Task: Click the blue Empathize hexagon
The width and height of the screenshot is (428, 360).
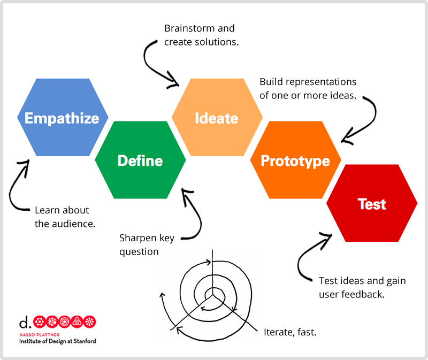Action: click(x=63, y=117)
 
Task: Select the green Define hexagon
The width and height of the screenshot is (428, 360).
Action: click(x=140, y=160)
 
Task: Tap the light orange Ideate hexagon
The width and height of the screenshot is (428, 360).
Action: click(x=217, y=117)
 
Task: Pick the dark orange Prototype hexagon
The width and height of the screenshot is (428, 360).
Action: click(x=296, y=160)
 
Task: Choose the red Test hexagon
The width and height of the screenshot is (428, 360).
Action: click(x=372, y=203)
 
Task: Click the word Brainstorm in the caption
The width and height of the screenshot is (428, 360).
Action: click(x=190, y=28)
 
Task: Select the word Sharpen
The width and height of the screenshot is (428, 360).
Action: click(x=138, y=239)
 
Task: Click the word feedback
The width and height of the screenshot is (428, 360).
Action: click(x=363, y=294)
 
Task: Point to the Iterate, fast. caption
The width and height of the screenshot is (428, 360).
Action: click(x=290, y=332)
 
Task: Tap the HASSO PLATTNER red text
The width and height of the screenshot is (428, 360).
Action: click(x=39, y=335)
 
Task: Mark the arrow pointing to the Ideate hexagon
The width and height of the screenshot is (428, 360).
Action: click(x=149, y=65)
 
